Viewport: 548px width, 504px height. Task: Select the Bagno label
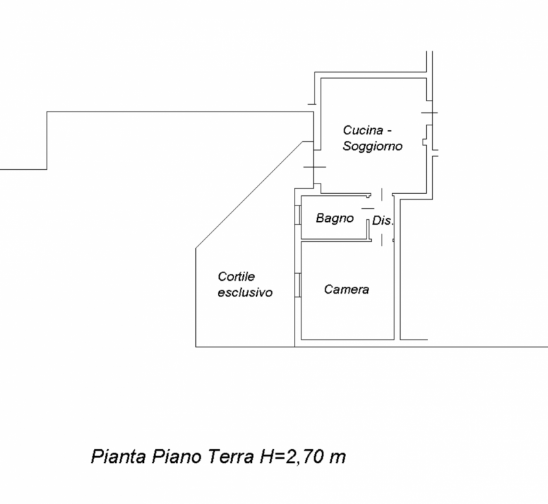coord(335,218)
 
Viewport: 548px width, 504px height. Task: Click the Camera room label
coord(347,290)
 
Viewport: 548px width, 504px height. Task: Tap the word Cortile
coord(236,277)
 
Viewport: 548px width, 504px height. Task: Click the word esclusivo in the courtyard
coord(245,292)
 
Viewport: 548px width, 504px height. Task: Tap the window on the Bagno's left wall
coord(299,216)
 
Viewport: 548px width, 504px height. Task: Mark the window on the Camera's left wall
coord(299,285)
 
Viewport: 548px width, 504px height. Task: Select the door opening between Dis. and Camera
coord(382,240)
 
